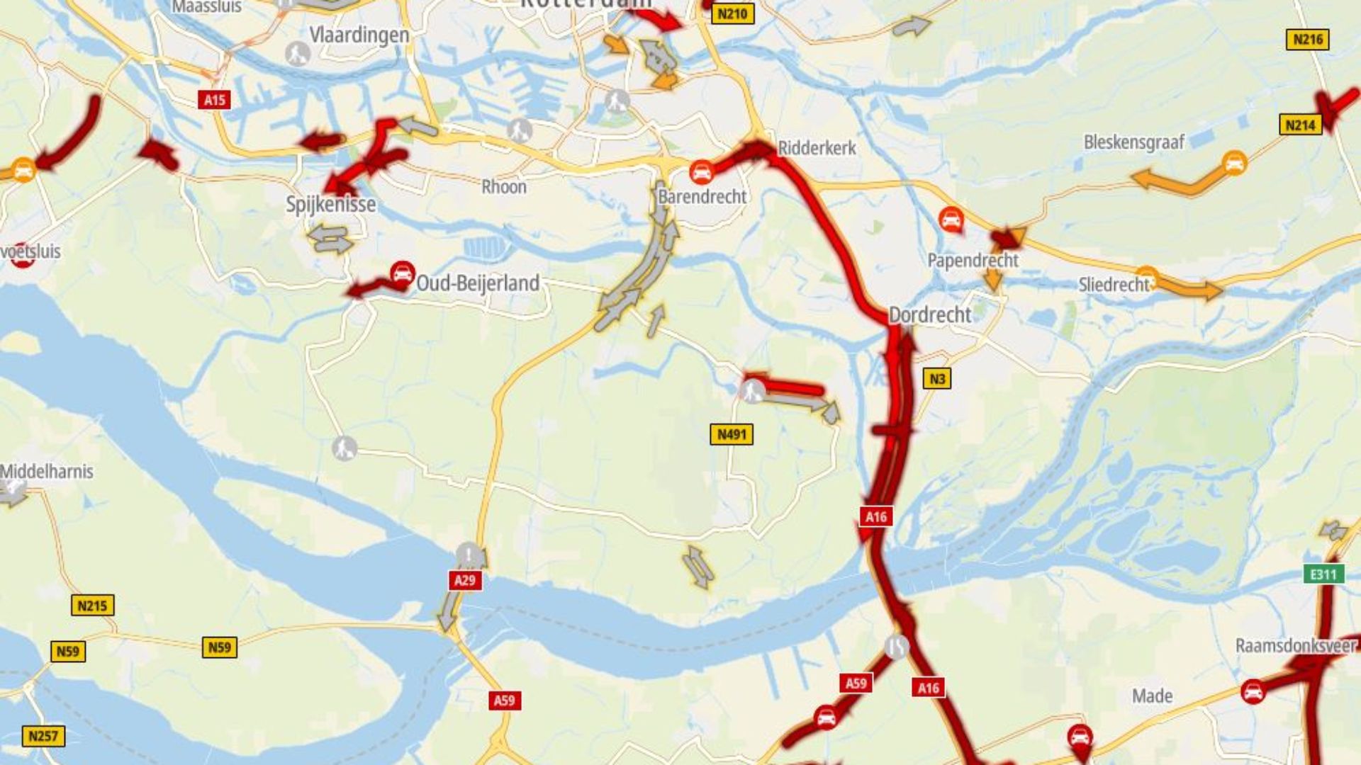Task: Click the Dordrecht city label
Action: [x=929, y=314]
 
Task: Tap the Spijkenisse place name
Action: [x=330, y=204]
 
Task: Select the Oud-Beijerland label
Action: [x=478, y=283]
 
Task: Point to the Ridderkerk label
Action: [x=817, y=148]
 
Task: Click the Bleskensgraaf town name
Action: [x=1133, y=142]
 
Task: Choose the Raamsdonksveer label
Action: [x=1296, y=645]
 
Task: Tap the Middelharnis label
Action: [x=47, y=471]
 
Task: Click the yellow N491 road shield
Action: [x=732, y=434]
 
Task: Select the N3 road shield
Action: [x=937, y=379]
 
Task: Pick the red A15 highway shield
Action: [x=215, y=100]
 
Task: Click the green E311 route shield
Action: [x=1323, y=574]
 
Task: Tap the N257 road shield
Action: [x=43, y=736]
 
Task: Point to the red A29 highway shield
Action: [x=465, y=580]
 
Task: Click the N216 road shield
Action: [x=1307, y=40]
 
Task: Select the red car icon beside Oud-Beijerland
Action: [x=403, y=273]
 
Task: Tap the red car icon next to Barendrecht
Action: [x=701, y=171]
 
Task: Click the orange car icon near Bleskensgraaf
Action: [x=1234, y=163]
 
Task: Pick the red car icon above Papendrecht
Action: [x=951, y=219]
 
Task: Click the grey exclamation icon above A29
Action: [x=469, y=555]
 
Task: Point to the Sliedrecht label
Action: [x=1113, y=285]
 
